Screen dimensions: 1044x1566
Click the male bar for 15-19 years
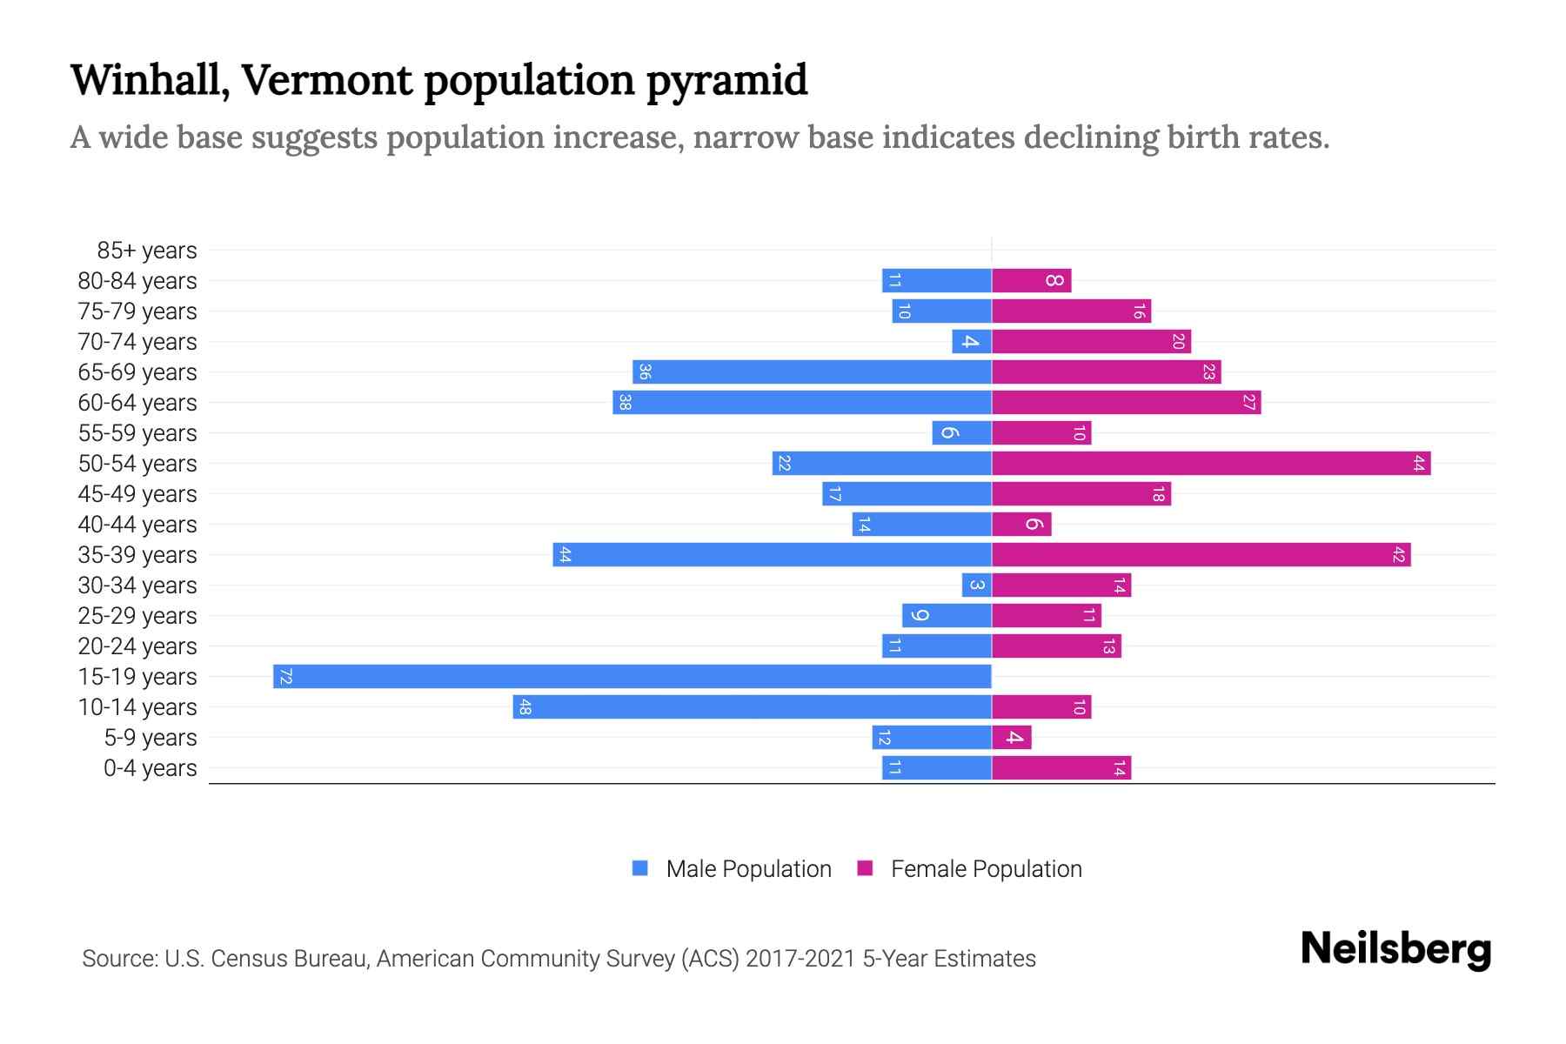[632, 677]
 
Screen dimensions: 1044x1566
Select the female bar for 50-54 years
[1211, 464]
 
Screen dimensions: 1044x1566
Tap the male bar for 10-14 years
[753, 707]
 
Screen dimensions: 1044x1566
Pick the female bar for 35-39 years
[1201, 555]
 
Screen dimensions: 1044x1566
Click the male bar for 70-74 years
[972, 342]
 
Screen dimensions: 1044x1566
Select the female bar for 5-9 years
[1012, 738]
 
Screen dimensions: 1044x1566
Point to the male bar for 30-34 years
[977, 586]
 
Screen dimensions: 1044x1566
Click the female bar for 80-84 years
[1032, 281]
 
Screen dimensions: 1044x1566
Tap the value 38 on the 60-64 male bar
[623, 403]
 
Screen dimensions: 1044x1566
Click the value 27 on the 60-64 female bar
[1248, 403]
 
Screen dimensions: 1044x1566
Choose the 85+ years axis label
[146, 251]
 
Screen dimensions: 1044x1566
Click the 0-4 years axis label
[150, 768]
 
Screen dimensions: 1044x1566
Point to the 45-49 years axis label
[137, 494]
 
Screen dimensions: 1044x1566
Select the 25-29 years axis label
[137, 616]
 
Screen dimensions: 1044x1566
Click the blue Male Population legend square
[640, 868]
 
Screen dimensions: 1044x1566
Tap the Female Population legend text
[986, 869]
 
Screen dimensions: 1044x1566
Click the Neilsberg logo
[1395, 949]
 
